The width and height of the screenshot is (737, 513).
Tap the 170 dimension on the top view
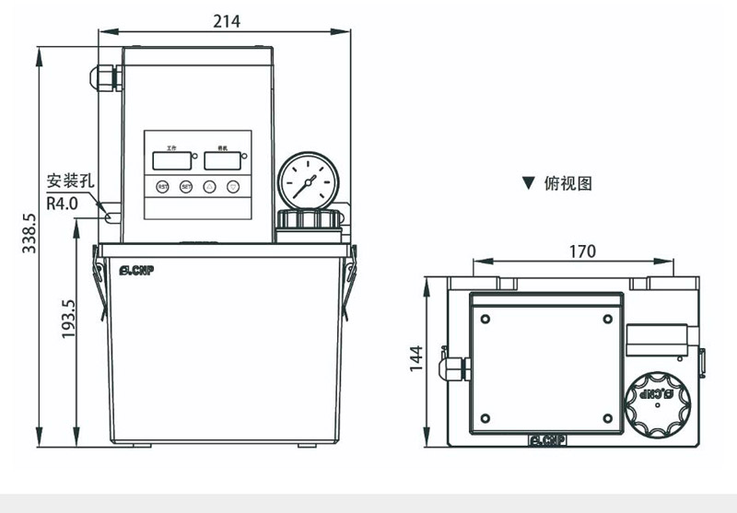click(x=582, y=251)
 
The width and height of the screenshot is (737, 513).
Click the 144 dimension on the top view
click(x=415, y=359)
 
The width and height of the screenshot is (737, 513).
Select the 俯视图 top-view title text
click(x=568, y=183)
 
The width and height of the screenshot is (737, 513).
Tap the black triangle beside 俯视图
click(x=528, y=183)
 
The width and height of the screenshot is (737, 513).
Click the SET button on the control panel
click(x=186, y=186)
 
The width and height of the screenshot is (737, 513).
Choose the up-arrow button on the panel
click(x=210, y=186)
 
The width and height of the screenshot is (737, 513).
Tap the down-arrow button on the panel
click(x=233, y=186)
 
